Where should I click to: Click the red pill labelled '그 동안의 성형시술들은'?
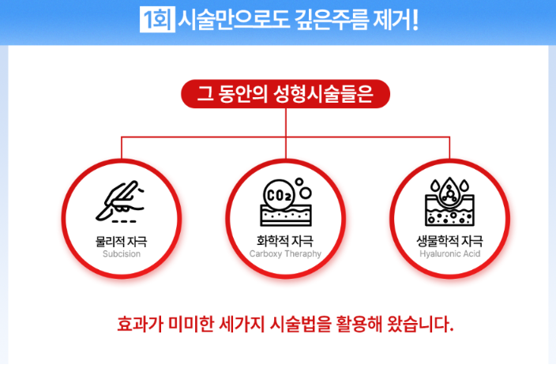click(x=285, y=93)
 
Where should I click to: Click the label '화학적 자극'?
click(x=285, y=241)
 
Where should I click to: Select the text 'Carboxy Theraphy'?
click(x=285, y=254)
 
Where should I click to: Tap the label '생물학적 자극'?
click(x=449, y=241)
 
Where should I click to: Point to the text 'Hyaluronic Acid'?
click(x=449, y=254)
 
